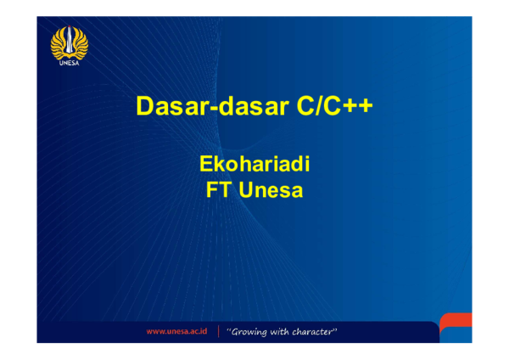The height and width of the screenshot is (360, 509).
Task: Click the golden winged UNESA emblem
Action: (x=69, y=43)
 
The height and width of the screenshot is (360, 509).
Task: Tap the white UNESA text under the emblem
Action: (x=69, y=62)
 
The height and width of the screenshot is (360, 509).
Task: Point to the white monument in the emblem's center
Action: (x=69, y=40)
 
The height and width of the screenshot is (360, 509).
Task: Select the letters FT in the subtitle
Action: (x=220, y=190)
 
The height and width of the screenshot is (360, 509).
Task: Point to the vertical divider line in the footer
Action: (x=218, y=331)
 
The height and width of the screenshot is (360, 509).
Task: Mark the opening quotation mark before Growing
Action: (x=229, y=329)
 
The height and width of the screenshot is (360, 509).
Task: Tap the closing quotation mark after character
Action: (x=336, y=329)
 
